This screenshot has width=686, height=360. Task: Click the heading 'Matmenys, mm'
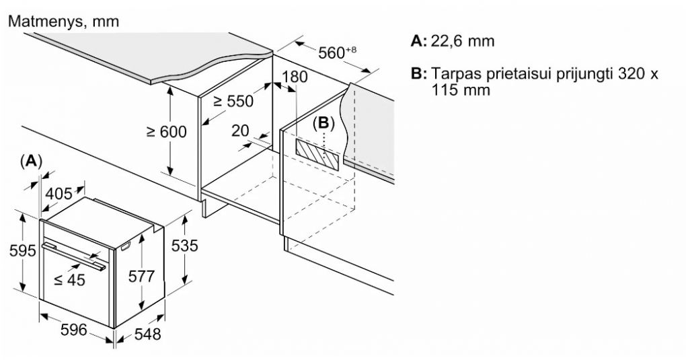(64, 22)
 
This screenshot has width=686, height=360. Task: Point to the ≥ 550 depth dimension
(233, 102)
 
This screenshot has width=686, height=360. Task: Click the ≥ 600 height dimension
(166, 132)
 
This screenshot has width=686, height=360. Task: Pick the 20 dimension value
(240, 131)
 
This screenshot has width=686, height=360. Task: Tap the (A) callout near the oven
(32, 161)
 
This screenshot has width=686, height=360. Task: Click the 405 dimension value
(59, 194)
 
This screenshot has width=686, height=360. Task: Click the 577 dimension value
(141, 276)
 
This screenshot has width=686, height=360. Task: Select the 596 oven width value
(74, 330)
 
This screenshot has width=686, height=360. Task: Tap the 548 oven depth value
(147, 334)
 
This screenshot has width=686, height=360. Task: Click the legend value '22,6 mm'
(463, 41)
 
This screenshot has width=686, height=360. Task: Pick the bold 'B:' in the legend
(419, 73)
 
